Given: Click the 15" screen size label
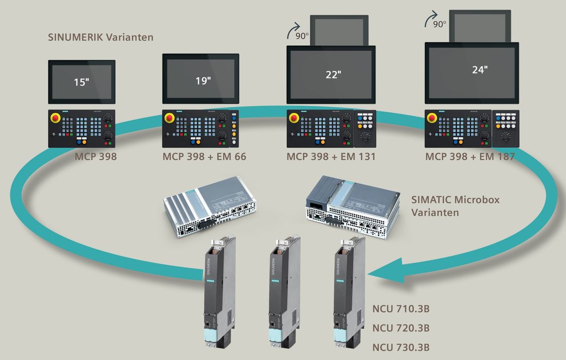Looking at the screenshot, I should click(81, 82).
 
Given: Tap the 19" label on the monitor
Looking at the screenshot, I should click(203, 81).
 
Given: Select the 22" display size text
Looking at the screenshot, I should click(333, 74).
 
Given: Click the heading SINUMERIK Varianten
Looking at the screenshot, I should click(101, 37).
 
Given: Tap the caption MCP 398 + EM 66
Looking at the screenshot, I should click(204, 157).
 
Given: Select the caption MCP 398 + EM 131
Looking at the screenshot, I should click(331, 157).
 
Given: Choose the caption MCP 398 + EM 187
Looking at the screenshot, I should click(470, 157).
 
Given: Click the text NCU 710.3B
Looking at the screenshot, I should click(401, 309).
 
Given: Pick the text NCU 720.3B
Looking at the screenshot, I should click(401, 328).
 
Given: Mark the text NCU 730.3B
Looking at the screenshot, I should click(401, 347).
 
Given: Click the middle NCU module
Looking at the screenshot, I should click(280, 292).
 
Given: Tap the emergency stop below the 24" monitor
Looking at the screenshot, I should click(431, 118).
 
